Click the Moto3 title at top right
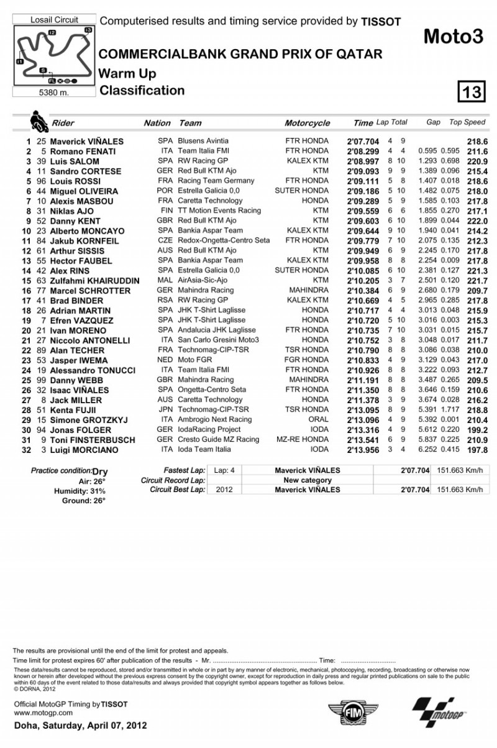tap(453, 37)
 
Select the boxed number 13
tap(470, 93)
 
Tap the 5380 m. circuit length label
tap(54, 93)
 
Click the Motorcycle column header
tap(307, 123)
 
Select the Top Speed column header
tap(467, 122)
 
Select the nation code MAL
tap(165, 280)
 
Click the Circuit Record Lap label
tap(173, 480)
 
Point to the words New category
tap(308, 480)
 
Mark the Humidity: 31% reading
tap(81, 490)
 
